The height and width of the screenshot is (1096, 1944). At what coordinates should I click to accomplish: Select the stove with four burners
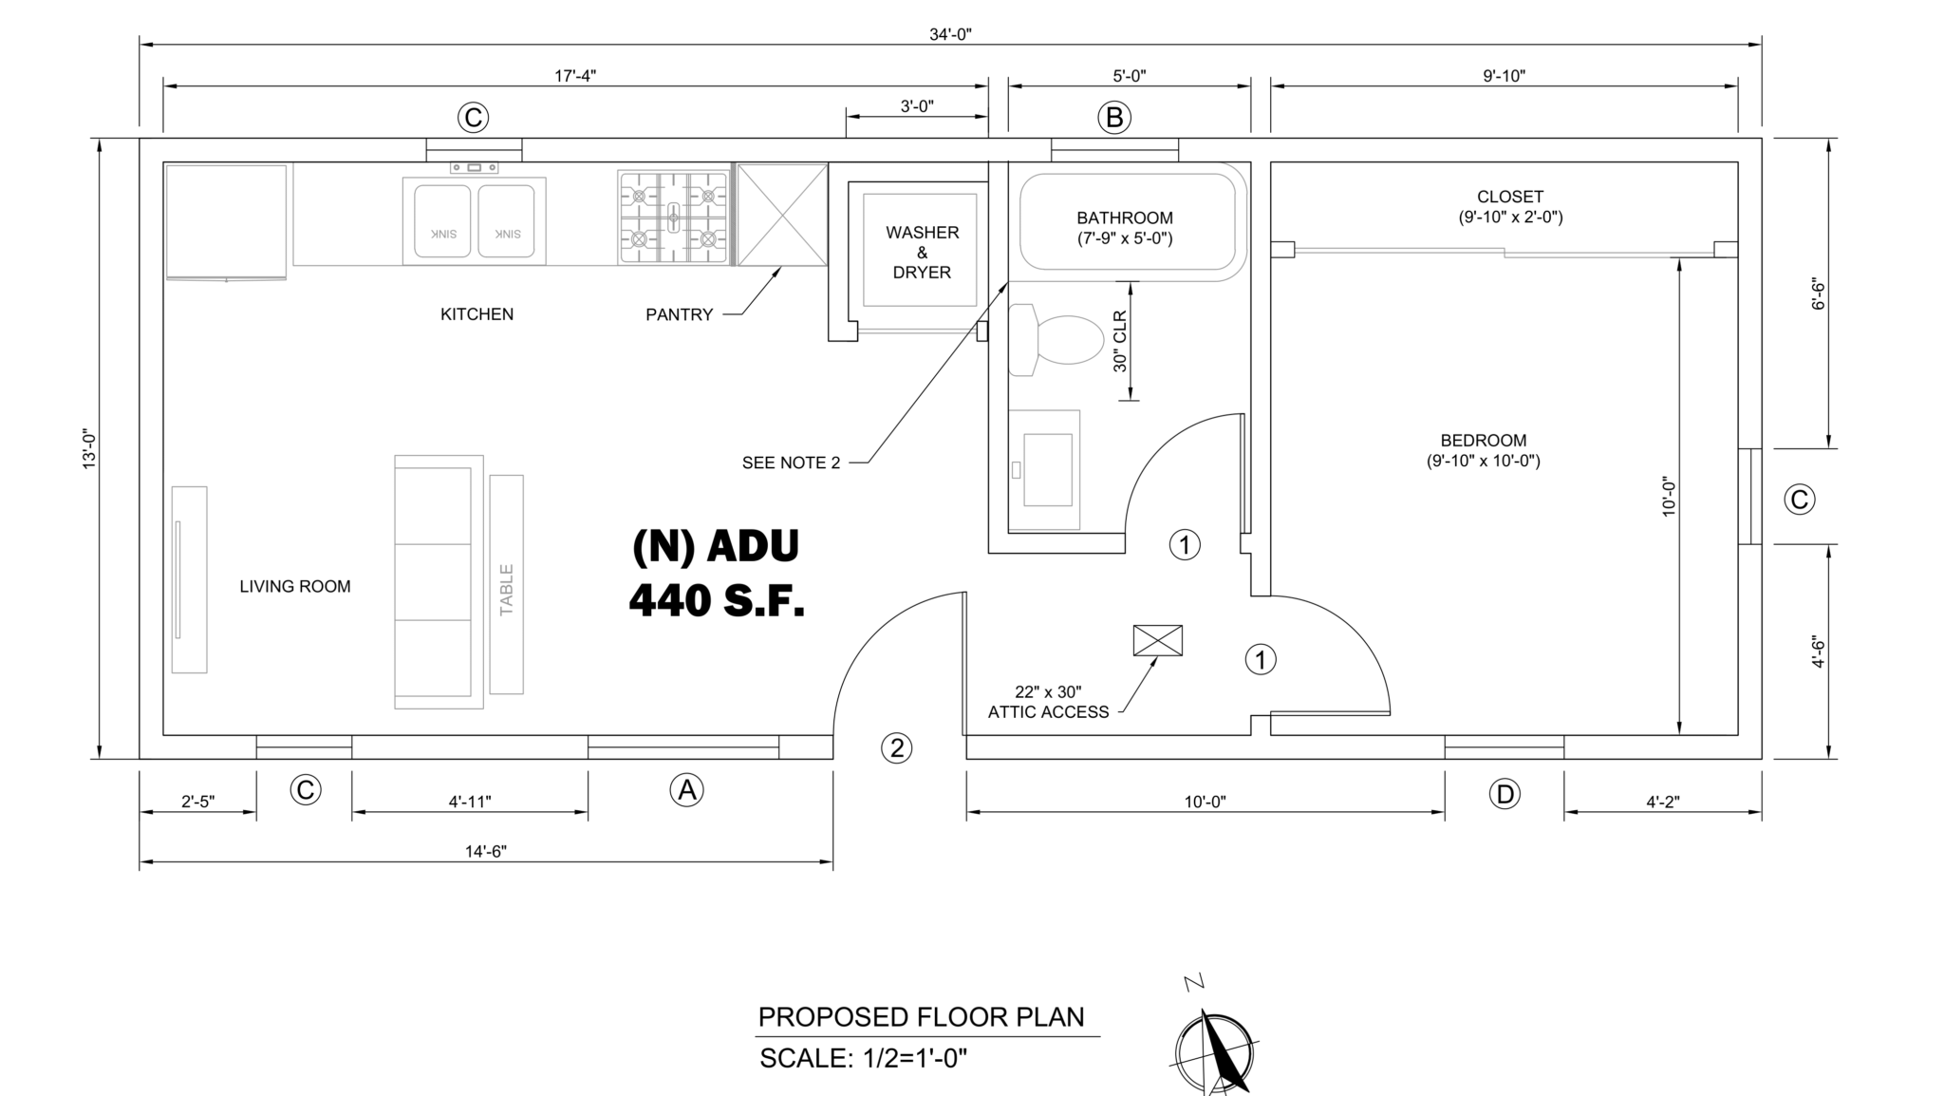(x=673, y=217)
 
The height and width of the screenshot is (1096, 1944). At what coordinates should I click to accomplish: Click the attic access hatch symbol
(x=1157, y=640)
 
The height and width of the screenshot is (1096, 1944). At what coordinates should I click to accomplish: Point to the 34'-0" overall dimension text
(x=950, y=35)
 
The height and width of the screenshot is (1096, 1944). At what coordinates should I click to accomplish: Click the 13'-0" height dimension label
(x=89, y=448)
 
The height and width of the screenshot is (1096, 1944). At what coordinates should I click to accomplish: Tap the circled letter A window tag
(x=686, y=790)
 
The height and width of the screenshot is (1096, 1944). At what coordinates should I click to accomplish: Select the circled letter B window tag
(x=1114, y=117)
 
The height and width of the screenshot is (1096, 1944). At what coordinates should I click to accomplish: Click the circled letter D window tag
(x=1504, y=794)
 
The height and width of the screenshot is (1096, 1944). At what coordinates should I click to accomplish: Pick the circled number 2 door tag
(x=896, y=748)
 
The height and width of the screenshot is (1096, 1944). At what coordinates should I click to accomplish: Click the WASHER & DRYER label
(x=922, y=252)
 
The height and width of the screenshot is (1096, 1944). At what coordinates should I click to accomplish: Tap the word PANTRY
(x=679, y=314)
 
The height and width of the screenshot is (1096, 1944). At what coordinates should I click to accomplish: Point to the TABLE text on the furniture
(x=506, y=589)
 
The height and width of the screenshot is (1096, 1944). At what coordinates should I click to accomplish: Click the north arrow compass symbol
(x=1215, y=1052)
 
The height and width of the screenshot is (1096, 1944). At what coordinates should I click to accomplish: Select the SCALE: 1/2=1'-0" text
(x=863, y=1058)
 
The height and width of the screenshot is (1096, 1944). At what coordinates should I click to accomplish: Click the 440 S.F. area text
(x=717, y=600)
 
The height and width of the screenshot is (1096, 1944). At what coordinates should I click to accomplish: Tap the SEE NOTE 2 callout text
(x=791, y=463)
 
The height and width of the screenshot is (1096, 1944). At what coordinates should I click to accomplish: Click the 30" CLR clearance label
(x=1120, y=341)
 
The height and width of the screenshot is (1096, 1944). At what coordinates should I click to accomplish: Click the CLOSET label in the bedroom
(x=1509, y=197)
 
